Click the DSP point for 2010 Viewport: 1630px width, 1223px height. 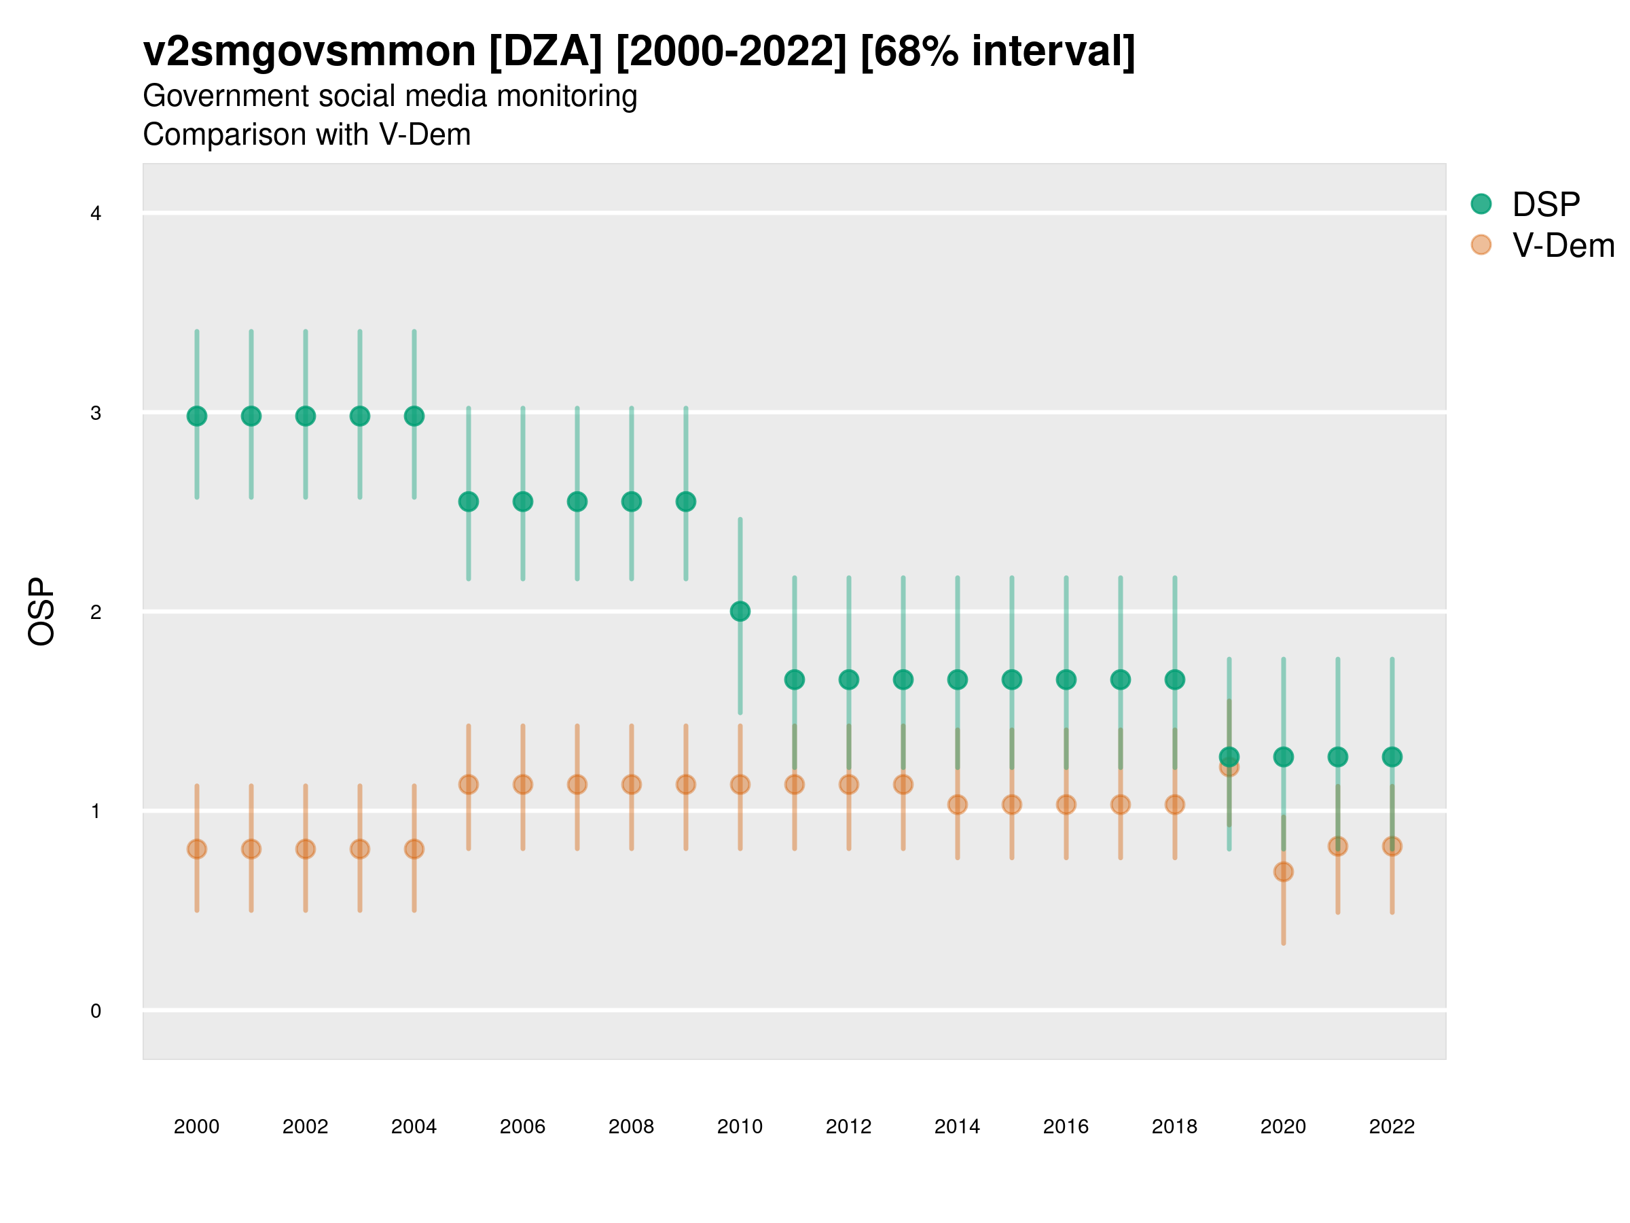click(x=740, y=611)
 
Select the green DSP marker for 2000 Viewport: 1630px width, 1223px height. click(x=197, y=416)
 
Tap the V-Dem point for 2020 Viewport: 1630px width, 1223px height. click(x=1283, y=871)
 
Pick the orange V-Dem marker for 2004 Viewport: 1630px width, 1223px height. click(x=414, y=849)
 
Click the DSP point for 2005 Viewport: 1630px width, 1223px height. click(x=469, y=501)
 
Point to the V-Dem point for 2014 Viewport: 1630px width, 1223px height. click(x=957, y=804)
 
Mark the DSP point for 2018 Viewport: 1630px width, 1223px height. click(x=1174, y=679)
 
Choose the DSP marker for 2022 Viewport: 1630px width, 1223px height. click(x=1392, y=756)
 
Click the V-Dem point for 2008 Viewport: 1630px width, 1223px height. click(x=632, y=784)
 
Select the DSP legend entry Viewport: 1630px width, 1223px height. click(x=1545, y=205)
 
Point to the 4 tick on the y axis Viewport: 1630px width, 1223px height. click(x=96, y=214)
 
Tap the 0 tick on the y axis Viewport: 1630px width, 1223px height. click(x=96, y=1011)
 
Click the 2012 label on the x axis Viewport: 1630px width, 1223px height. click(x=848, y=1127)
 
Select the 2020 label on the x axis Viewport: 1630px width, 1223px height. click(x=1283, y=1127)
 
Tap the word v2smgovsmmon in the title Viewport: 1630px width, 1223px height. click(x=310, y=52)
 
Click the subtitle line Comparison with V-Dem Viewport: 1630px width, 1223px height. click(x=306, y=135)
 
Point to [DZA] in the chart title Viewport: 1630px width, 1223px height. click(x=546, y=52)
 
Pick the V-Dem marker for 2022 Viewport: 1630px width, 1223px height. click(x=1392, y=847)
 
